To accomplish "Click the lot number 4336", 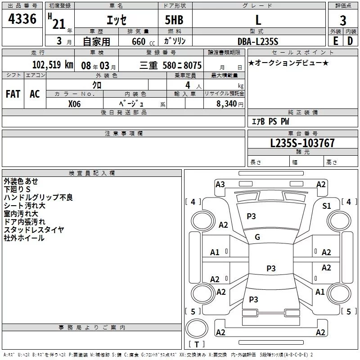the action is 22,20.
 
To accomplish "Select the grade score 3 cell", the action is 343,20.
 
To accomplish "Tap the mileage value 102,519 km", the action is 53,65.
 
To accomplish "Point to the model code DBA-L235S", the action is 257,41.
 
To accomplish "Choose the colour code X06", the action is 75,103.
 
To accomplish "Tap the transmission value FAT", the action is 13,94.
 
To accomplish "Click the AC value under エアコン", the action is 35,94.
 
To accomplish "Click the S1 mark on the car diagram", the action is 327,206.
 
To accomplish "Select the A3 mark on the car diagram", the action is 220,184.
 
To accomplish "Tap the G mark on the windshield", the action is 257,237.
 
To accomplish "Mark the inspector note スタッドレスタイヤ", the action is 34,230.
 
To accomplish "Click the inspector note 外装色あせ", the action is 21,181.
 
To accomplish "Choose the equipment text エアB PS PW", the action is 270,121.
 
